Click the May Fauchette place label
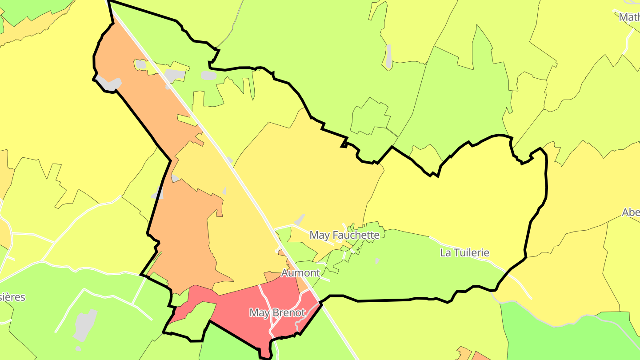[344, 235]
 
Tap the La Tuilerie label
[464, 253]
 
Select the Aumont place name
[300, 272]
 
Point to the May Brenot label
[277, 313]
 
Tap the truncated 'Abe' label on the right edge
[631, 212]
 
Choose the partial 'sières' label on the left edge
[12, 297]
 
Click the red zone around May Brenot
[240, 302]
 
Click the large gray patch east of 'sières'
[85, 324]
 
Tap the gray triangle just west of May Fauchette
[300, 220]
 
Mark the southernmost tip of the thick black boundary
[266, 356]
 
